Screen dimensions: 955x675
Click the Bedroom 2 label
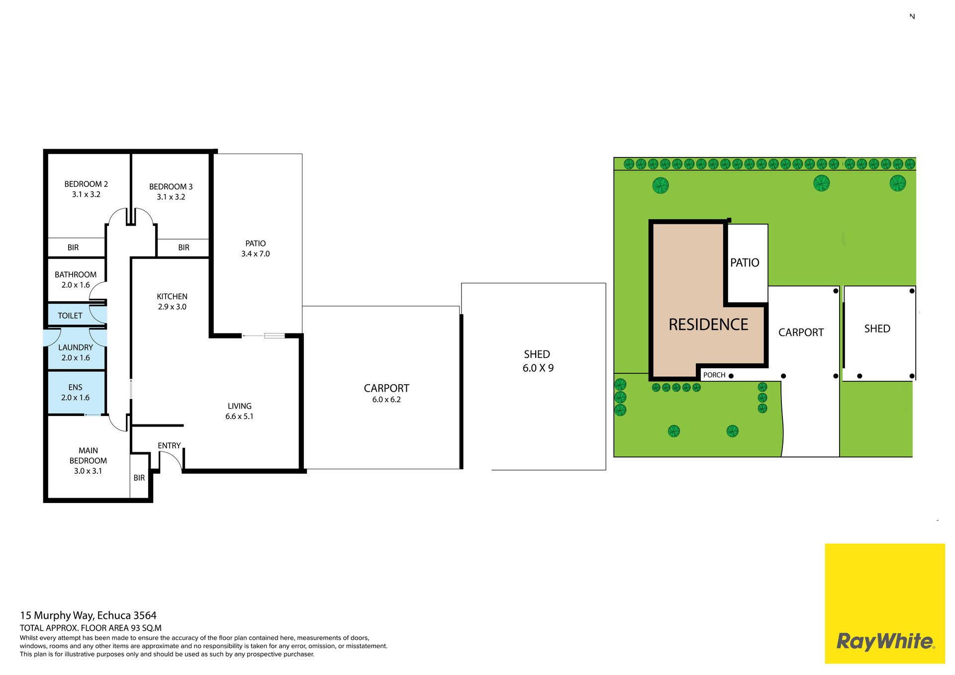click(86, 184)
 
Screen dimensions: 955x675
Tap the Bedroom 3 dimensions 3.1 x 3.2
click(171, 197)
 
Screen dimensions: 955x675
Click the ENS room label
click(76, 387)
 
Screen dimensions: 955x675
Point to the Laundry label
click(76, 347)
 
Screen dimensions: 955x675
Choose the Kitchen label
click(172, 296)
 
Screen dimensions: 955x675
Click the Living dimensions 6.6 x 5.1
click(239, 417)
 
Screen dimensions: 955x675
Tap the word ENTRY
click(169, 445)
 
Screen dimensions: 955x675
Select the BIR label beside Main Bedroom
click(139, 478)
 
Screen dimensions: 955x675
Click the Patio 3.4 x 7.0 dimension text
click(256, 253)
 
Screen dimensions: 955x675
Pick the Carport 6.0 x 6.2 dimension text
click(386, 400)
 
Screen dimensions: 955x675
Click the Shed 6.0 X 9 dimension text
click(538, 368)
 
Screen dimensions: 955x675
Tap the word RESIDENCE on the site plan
click(708, 325)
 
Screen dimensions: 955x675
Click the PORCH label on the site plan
click(714, 375)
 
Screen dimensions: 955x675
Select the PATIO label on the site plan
click(745, 262)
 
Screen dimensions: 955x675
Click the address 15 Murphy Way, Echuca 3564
click(88, 615)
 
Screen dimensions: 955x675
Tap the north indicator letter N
click(912, 16)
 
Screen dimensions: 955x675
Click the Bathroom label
click(76, 274)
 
